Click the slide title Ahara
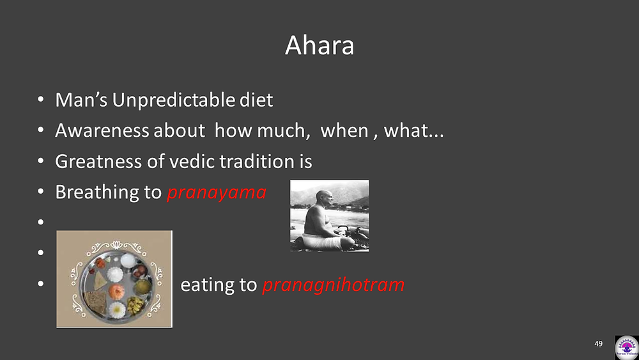tap(319, 45)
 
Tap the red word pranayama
tap(217, 192)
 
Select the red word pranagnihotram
tap(334, 285)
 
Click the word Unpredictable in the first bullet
tap(173, 100)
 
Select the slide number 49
tap(598, 343)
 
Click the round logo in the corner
tap(627, 347)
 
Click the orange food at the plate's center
tap(116, 292)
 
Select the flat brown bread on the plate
tap(95, 302)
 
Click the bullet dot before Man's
tap(40, 99)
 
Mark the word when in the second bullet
tap(344, 131)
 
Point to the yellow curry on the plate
tap(141, 286)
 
